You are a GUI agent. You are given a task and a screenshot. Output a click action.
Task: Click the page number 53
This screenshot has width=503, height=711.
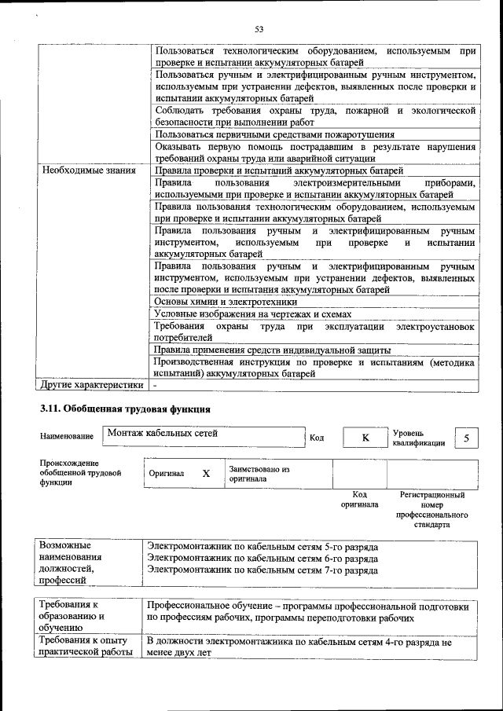click(259, 29)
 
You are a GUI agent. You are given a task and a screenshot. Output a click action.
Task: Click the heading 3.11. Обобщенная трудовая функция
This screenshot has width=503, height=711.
click(125, 409)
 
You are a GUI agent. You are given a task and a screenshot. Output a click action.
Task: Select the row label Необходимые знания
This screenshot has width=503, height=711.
click(89, 170)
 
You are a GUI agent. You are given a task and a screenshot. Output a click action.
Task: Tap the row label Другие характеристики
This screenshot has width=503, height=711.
click(92, 385)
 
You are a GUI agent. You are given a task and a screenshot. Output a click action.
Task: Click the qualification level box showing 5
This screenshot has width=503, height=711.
click(467, 438)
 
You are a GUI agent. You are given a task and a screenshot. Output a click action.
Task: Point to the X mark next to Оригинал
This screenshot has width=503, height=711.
click(206, 474)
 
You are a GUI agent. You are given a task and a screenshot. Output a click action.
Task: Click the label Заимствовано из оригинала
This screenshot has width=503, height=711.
click(259, 473)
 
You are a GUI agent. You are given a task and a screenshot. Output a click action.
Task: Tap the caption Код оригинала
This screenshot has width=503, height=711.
click(359, 500)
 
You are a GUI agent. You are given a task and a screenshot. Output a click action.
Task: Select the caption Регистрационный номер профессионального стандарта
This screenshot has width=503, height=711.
click(431, 509)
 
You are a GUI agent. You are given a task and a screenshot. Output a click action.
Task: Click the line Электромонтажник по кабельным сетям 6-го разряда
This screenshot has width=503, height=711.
click(263, 559)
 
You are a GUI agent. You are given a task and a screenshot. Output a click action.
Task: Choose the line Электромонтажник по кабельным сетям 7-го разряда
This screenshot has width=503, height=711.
click(263, 570)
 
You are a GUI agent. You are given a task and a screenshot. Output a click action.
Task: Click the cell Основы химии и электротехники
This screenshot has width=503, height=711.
click(226, 301)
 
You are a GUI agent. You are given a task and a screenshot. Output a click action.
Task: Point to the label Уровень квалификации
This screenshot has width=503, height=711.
click(419, 438)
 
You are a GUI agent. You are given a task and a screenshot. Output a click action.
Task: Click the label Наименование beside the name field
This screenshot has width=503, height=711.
click(65, 437)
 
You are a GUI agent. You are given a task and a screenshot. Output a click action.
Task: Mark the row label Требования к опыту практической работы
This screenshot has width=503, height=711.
click(86, 647)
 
